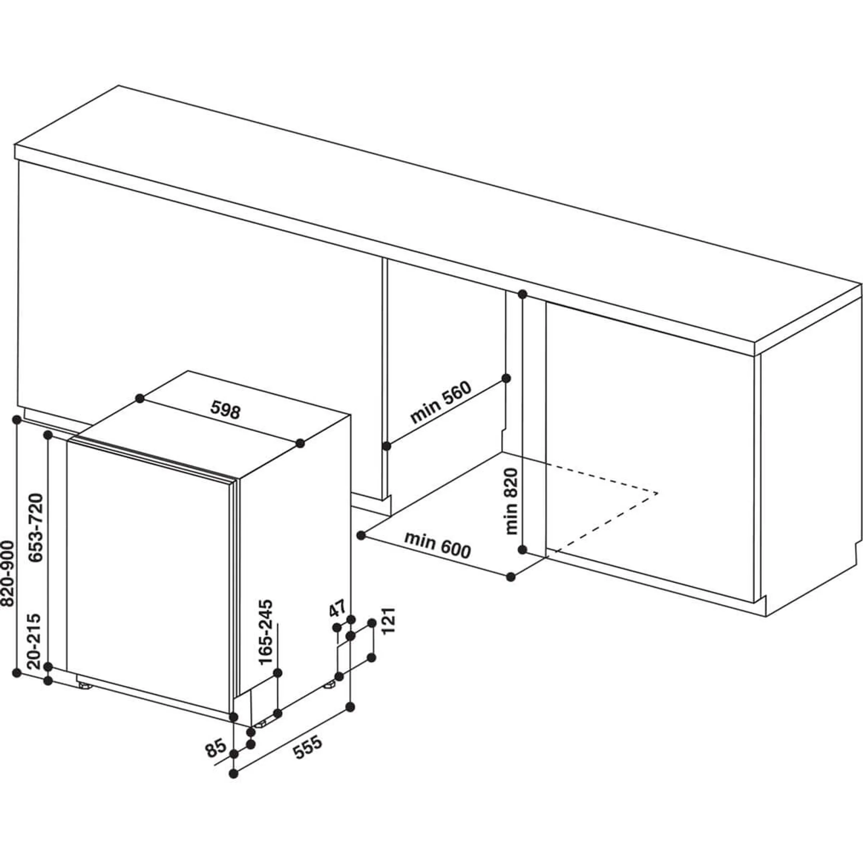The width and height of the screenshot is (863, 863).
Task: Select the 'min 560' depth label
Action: [441, 402]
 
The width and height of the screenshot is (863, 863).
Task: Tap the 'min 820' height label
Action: [511, 501]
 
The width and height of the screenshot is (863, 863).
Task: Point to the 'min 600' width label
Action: [438, 546]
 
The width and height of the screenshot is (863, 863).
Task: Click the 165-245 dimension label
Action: [266, 634]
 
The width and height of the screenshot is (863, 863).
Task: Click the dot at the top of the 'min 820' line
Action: [522, 294]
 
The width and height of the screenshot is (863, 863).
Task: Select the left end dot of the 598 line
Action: [140, 398]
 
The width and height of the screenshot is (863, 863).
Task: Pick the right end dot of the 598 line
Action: [300, 443]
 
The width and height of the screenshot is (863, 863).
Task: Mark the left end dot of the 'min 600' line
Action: [362, 535]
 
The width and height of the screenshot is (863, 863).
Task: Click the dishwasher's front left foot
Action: [84, 685]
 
